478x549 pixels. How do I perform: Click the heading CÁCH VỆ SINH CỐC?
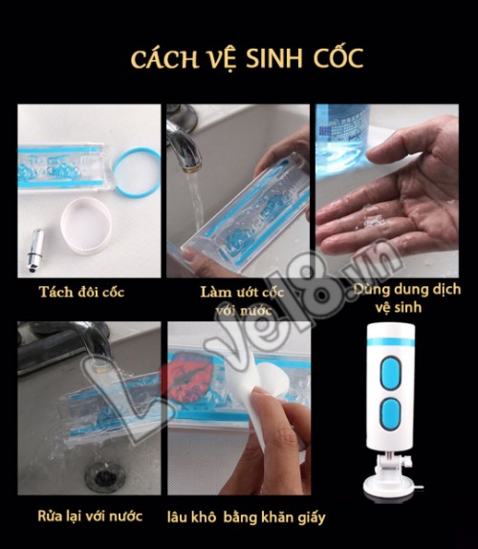pyautogui.click(x=247, y=59)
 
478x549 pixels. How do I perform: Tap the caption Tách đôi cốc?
pyautogui.click(x=81, y=292)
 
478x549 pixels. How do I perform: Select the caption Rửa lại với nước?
pyautogui.click(x=90, y=516)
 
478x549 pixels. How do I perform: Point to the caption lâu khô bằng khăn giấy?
pyautogui.click(x=247, y=517)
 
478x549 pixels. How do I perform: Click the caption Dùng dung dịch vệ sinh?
pyautogui.click(x=406, y=298)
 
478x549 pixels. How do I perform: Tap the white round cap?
pyautogui.click(x=86, y=225)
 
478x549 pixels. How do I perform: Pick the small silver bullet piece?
pyautogui.click(x=35, y=250)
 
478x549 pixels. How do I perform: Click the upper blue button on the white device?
pyautogui.click(x=390, y=373)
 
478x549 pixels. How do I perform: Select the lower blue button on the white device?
pyautogui.click(x=390, y=413)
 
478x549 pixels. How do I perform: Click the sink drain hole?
pyautogui.click(x=104, y=477)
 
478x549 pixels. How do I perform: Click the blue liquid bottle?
pyautogui.click(x=342, y=139)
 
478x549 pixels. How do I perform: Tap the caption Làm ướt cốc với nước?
pyautogui.click(x=242, y=301)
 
